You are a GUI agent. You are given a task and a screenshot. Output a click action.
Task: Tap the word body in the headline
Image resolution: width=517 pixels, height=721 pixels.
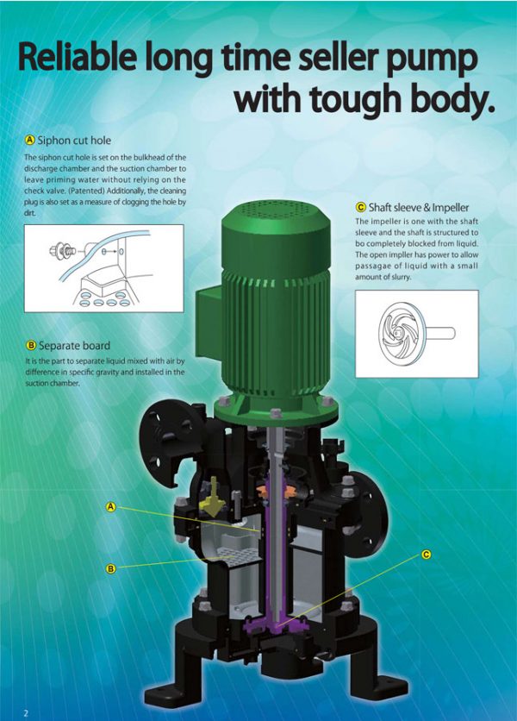[452, 98]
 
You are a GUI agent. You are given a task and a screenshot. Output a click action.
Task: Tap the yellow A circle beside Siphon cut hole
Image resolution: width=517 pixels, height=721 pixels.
[30, 140]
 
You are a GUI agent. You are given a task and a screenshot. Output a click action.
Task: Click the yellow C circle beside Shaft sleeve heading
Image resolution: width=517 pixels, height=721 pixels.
[360, 208]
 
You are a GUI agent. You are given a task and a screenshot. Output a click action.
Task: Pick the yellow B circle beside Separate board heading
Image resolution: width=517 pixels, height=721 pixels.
[30, 346]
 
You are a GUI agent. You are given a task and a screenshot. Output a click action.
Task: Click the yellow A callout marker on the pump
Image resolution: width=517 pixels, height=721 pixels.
[110, 507]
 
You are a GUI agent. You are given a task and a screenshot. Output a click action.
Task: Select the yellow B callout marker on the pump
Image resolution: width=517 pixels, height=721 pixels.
[110, 568]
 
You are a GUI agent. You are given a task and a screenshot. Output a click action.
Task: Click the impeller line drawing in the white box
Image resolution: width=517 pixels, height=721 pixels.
[412, 332]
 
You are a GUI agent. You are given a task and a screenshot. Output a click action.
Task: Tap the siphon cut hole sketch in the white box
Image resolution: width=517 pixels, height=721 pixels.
[103, 267]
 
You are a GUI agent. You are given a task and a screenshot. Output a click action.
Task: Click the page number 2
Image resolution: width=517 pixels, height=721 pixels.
[26, 712]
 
